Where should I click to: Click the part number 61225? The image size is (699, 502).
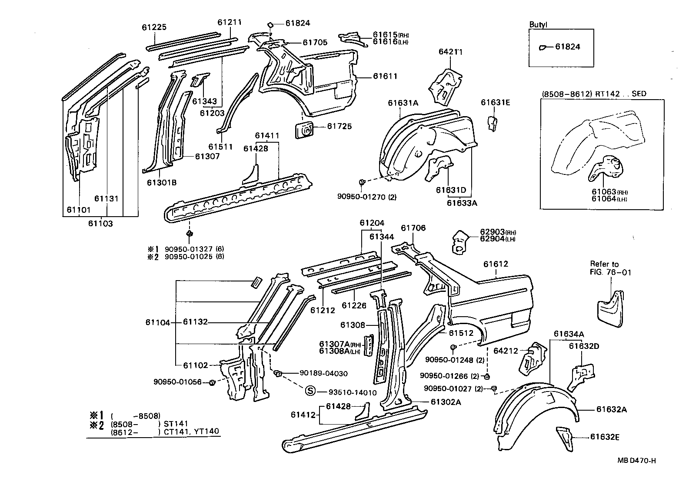[x=154, y=27]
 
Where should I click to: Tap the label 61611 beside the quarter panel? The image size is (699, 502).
[x=385, y=76]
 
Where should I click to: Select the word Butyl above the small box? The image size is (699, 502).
[x=538, y=25]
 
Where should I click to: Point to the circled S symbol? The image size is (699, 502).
[x=310, y=391]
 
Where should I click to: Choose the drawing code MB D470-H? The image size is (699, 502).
[x=636, y=461]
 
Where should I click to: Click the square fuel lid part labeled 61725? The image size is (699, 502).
[x=305, y=130]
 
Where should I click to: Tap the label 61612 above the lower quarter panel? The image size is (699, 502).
[x=496, y=264]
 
